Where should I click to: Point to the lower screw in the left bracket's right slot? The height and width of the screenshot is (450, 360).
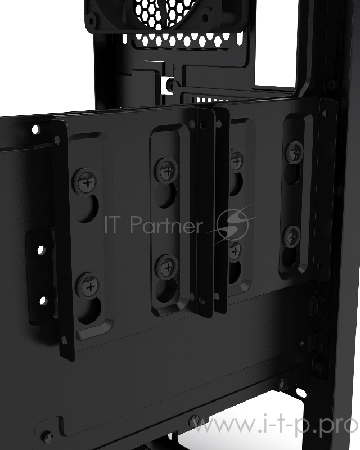coord(166,265)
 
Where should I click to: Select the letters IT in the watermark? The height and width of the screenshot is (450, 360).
coord(115,225)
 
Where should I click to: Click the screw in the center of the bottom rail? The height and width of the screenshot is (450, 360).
coord(194,419)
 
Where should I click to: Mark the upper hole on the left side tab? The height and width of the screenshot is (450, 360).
coord(40,248)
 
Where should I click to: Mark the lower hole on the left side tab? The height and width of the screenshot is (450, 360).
coord(41,300)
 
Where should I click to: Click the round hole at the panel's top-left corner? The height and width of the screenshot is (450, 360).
coord(36,129)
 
